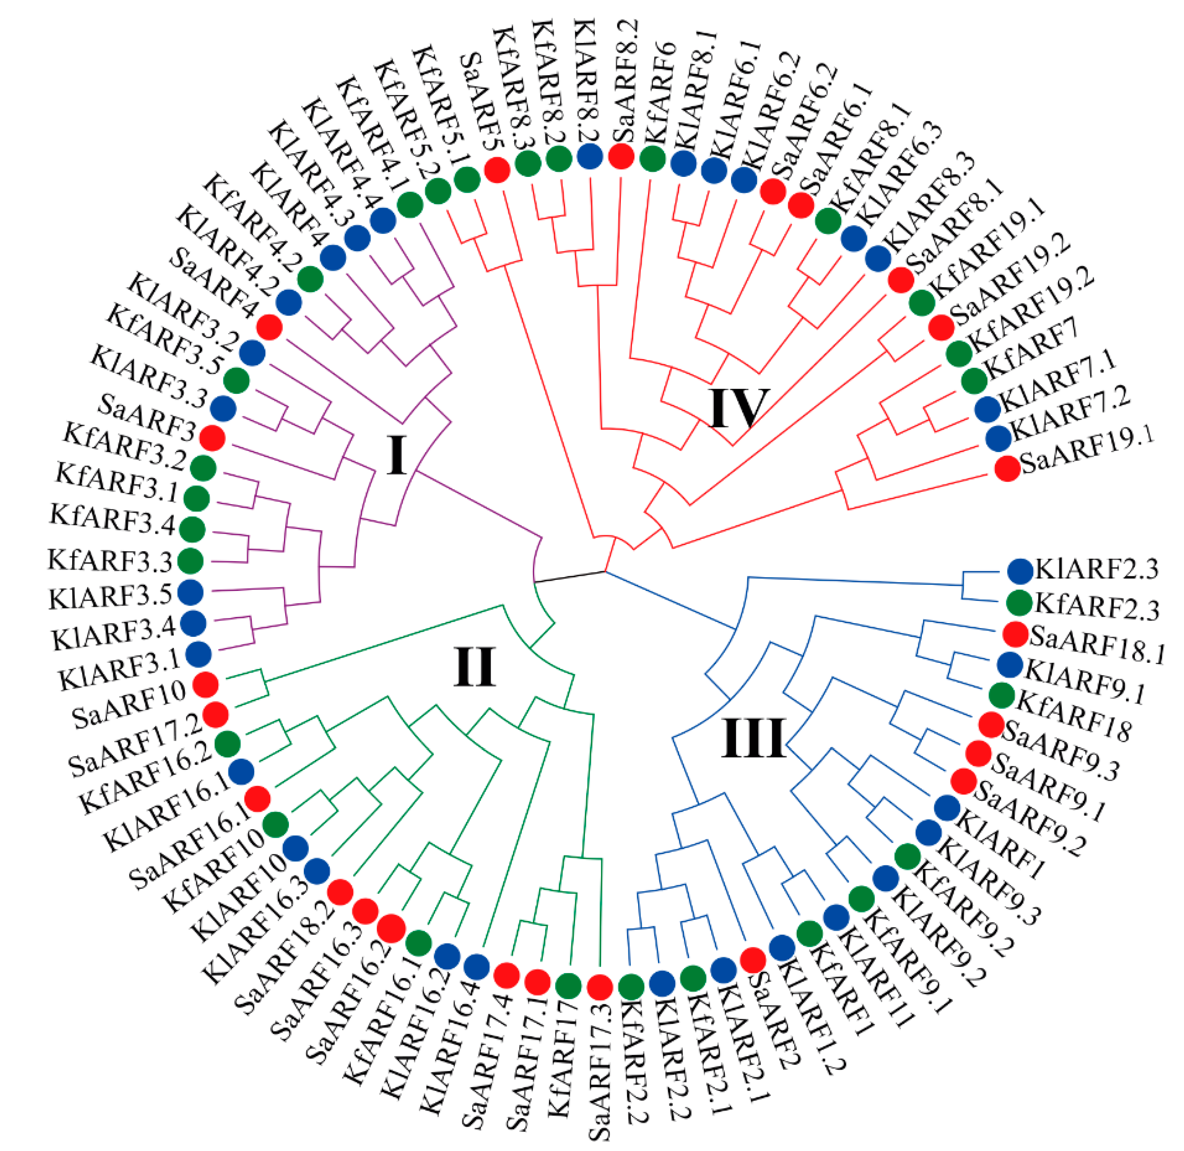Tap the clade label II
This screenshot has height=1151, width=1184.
tap(475, 667)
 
